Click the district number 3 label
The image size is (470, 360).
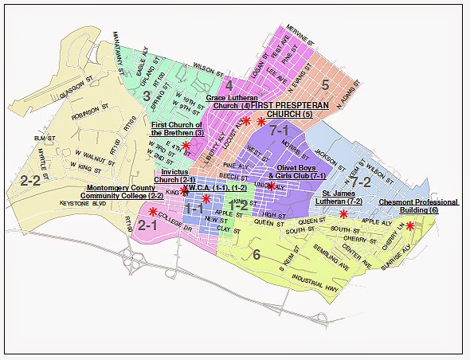pos(147,96)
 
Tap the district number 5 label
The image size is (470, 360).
pos(325,84)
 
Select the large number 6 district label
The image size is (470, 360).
pos(256,255)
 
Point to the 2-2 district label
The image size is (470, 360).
pos(29,181)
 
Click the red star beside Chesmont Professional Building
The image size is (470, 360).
pos(409,226)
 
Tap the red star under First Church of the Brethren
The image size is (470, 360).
pos(186,146)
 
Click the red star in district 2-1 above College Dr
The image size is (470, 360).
pos(153,211)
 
